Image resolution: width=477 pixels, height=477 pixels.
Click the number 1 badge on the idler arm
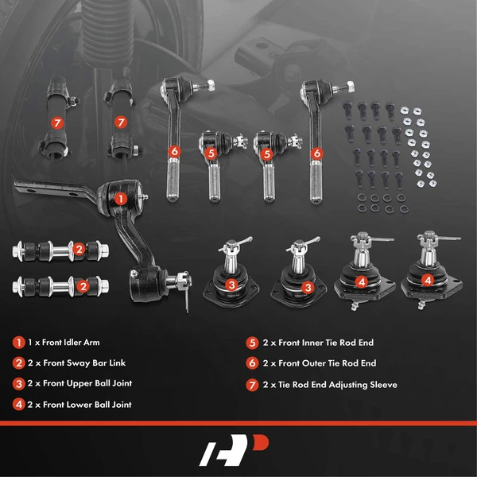(120, 198)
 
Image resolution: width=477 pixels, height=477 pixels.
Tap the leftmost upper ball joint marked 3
(229, 274)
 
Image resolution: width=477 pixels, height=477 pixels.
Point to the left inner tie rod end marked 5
(211, 163)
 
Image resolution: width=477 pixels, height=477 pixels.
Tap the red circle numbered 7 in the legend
(252, 384)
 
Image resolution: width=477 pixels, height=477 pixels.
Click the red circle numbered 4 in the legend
(18, 404)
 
